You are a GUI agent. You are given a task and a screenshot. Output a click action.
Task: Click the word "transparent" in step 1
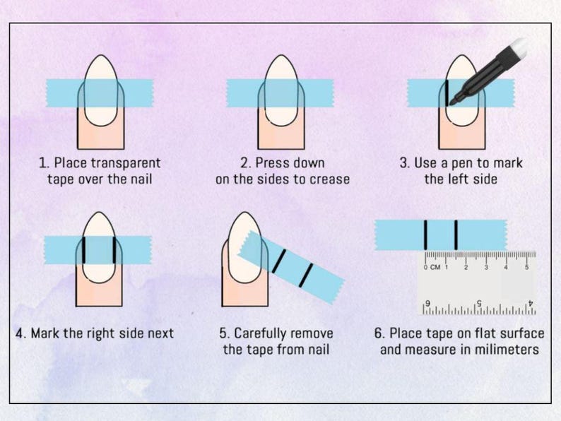click(126, 163)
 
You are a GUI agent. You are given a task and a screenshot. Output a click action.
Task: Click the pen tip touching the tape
click(452, 103)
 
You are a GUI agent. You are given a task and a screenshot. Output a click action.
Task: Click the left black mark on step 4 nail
click(83, 250)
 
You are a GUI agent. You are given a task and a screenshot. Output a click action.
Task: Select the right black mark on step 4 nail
click(114, 250)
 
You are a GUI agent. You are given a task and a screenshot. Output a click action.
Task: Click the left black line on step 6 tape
click(425, 235)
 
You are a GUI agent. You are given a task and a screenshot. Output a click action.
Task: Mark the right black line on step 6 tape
click(456, 235)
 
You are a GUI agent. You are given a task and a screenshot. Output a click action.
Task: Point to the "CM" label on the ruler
click(435, 267)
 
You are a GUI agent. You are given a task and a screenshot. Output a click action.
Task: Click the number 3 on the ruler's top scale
click(486, 267)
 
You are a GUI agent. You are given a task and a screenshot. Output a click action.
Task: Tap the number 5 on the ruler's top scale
click(526, 267)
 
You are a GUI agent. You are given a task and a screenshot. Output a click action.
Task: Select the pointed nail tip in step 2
click(283, 55)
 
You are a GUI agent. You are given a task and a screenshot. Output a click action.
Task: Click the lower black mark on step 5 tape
click(306, 275)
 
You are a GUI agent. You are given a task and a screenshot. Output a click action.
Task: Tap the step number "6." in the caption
click(379, 333)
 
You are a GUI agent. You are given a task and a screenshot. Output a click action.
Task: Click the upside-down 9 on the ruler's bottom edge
click(427, 303)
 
